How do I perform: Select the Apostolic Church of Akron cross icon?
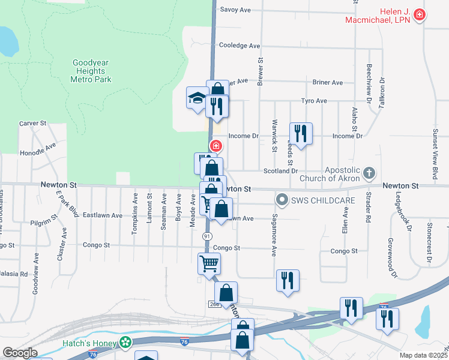pos(369,174)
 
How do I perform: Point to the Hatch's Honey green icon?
pos(125,343)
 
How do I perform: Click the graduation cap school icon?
pos(197,98)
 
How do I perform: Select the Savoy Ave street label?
pos(235,10)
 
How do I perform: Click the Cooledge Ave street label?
pos(240,46)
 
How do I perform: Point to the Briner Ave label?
pos(328,82)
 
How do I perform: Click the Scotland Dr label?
pos(280,171)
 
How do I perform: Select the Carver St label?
pos(33,123)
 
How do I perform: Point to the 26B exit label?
pos(215,304)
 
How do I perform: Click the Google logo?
pos(20,353)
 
